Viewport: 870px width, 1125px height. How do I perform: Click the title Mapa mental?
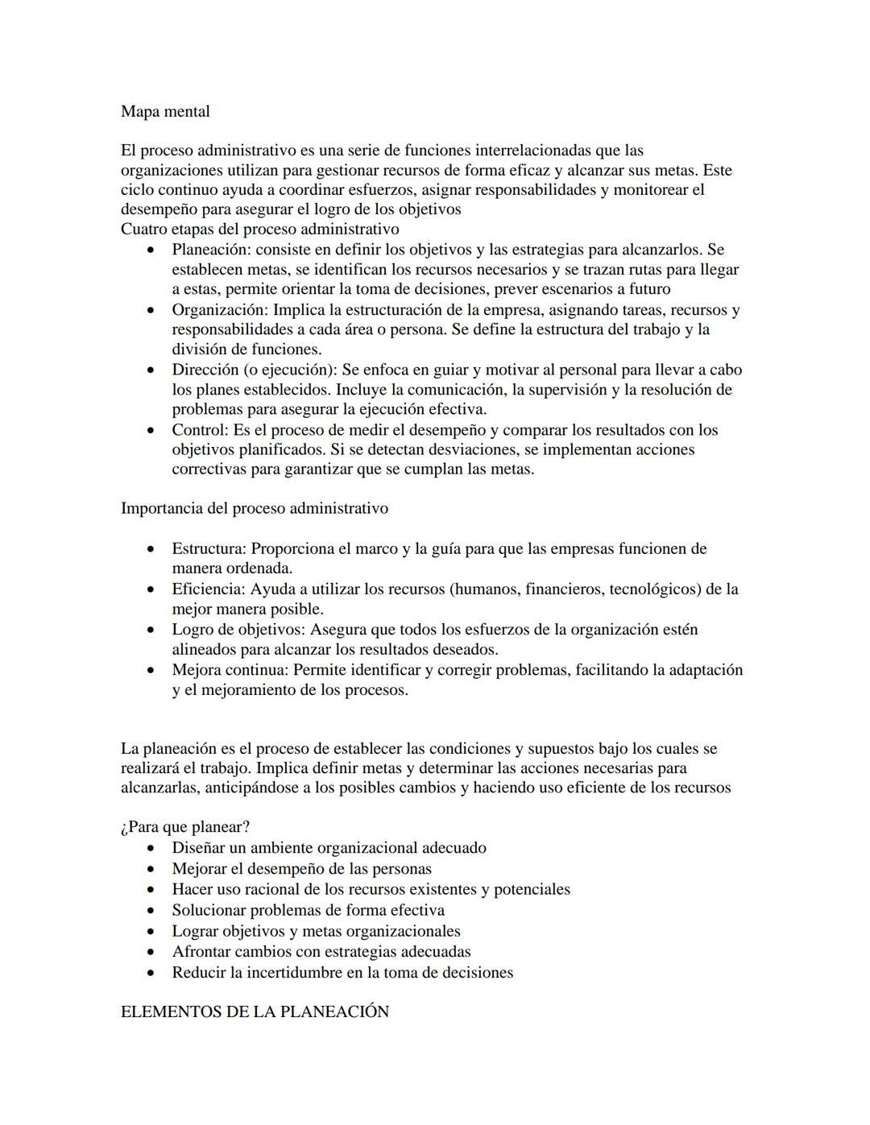point(165,111)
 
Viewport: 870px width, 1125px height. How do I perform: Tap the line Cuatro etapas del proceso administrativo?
point(259,229)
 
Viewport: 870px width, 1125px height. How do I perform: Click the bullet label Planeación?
point(211,250)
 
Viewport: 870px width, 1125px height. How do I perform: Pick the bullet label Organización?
point(220,310)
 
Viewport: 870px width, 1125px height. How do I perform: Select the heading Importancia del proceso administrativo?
point(254,508)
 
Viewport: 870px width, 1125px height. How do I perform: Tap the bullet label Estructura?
point(209,549)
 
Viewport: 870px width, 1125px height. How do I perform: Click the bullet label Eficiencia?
point(209,589)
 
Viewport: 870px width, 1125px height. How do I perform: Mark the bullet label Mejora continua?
point(230,670)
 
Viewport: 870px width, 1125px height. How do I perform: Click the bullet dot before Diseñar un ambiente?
point(151,849)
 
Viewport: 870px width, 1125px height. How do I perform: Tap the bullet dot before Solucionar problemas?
point(151,911)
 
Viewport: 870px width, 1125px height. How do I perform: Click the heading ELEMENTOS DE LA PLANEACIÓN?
point(255,1012)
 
